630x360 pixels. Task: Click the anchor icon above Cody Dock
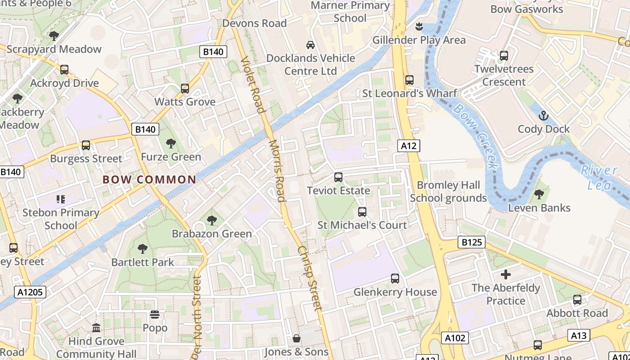point(544,116)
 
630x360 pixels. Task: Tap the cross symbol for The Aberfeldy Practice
point(506,274)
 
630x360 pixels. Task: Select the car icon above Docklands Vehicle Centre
point(310,45)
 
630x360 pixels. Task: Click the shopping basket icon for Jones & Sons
point(297,338)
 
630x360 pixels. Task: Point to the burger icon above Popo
point(155,314)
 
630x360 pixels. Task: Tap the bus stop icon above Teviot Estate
point(338,177)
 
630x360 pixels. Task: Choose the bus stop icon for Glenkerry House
point(395,279)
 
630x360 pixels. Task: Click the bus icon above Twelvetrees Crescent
point(504,56)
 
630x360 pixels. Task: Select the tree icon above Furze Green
point(171,144)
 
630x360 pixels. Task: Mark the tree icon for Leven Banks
point(539,194)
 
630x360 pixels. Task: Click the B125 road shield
point(472,242)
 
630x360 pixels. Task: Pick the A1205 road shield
point(30,292)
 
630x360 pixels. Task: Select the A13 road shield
point(580,335)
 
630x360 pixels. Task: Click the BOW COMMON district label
point(149,180)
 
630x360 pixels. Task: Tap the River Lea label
point(599,177)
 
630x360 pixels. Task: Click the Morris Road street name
point(277,171)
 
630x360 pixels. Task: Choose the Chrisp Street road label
point(310,278)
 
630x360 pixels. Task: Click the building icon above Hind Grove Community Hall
point(96,328)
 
